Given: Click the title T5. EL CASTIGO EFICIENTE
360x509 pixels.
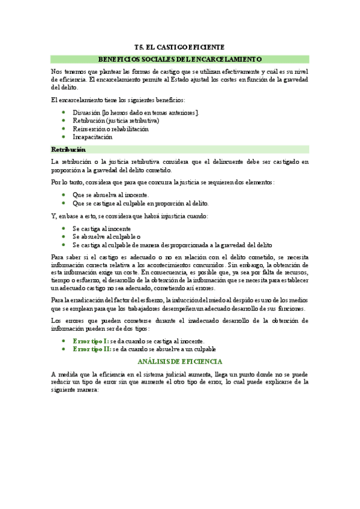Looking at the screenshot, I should coord(179,47).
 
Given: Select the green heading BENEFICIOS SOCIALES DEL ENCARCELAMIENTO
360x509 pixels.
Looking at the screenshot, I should coord(179,59).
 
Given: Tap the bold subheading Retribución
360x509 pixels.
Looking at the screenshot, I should coord(68,149).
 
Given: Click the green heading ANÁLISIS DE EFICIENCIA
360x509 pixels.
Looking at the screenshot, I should coord(179,362).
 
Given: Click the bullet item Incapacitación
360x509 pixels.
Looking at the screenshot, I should coord(92,137).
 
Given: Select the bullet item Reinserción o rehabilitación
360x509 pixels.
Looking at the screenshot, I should coord(110,128).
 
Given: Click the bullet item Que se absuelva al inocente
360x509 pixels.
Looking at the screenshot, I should coord(110,194).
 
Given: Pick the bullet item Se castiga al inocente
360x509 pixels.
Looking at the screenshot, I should coord(101,229).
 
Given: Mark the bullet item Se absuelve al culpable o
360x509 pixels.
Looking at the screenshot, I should coord(106,236).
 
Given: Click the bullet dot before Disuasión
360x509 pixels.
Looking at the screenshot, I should coord(64,112).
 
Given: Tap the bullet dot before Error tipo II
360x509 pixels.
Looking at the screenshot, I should coord(64,349).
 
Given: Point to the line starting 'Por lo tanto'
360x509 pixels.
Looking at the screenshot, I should coord(163,182).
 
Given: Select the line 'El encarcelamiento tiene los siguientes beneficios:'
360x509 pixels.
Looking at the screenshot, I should coord(118,100).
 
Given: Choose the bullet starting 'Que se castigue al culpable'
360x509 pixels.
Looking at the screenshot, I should coord(140,203).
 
